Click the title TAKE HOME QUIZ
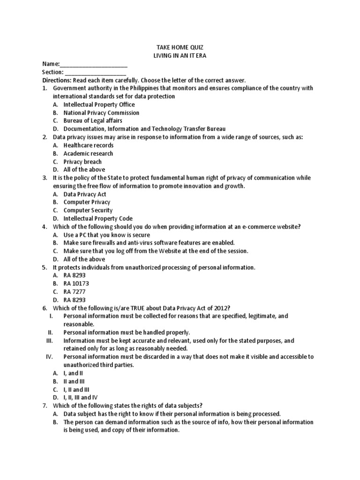coord(180,47)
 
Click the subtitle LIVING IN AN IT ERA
coord(180,56)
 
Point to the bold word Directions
coord(57,80)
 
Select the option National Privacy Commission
coord(101,112)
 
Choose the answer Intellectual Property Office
coord(99,105)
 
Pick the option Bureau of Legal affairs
coord(93,121)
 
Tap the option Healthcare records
coord(89,145)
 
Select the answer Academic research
coord(88,153)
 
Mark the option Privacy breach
coord(82,162)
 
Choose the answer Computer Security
coord(88,210)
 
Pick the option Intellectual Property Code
coord(98,218)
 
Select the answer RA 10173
coord(76,284)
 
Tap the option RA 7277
coord(75,292)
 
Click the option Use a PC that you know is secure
coord(107,235)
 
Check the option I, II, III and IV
coord(81,397)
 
